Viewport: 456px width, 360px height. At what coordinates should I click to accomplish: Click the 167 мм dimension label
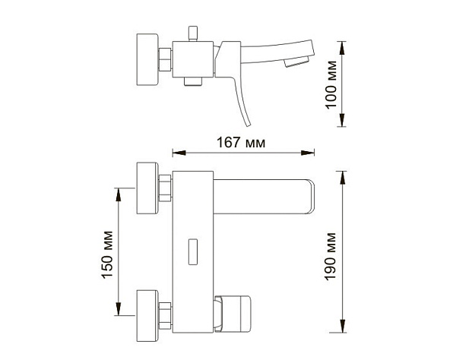241,143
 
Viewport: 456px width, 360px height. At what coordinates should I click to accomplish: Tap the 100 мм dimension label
331,85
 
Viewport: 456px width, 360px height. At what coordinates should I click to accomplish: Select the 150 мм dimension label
107,255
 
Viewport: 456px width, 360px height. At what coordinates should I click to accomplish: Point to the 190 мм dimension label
331,256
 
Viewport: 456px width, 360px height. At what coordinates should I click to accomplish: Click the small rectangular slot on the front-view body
193,252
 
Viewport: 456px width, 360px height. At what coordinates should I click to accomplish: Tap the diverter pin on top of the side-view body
193,33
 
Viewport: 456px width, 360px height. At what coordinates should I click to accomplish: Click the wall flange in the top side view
147,59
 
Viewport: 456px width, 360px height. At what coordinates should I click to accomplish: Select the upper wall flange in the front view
147,188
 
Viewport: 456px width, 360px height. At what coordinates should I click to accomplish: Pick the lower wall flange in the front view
147,315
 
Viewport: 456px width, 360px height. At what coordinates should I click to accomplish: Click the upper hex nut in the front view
165,188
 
